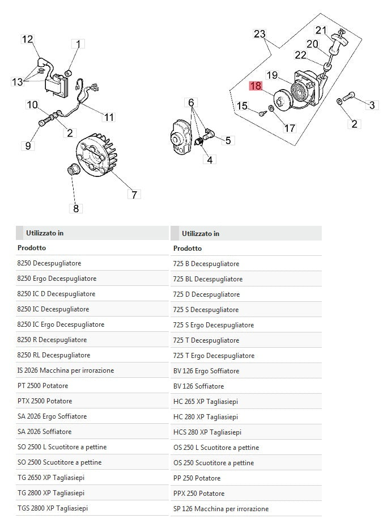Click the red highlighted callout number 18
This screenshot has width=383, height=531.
256,86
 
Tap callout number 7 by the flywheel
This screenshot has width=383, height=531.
134,195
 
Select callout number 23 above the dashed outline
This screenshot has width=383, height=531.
259,34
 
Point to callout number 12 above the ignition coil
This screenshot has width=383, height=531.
28,39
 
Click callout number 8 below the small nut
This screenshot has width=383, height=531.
76,208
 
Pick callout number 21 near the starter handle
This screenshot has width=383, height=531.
321,30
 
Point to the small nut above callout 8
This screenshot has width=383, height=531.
73,168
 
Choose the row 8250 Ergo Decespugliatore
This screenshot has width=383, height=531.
57,279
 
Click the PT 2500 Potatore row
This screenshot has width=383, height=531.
42,386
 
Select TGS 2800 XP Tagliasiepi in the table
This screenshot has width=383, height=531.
54,508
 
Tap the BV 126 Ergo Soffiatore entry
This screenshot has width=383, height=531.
206,371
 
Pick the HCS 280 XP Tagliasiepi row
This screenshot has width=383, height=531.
207,432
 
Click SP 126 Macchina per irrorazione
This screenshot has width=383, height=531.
220,509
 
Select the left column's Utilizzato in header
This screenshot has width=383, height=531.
44,233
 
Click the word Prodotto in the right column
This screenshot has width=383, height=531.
188,248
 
